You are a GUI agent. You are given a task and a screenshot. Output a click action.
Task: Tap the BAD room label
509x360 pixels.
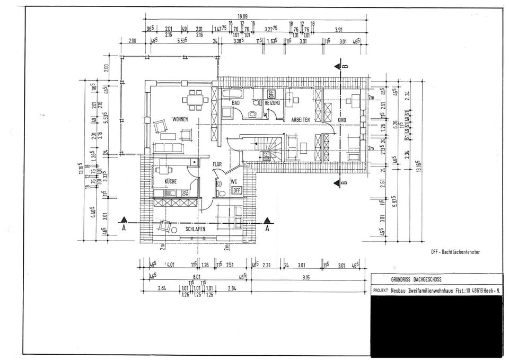click(236, 102)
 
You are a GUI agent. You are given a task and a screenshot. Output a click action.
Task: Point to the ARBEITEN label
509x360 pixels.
click(300, 120)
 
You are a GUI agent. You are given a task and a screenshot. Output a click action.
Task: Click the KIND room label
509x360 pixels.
click(342, 120)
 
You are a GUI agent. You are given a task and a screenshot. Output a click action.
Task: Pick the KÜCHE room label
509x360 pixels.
click(170, 181)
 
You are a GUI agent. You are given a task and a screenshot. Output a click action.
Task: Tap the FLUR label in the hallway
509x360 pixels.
click(217, 165)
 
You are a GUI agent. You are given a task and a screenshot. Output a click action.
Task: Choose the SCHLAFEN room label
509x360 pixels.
click(195, 229)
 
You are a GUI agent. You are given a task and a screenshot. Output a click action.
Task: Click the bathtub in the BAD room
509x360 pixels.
click(232, 94)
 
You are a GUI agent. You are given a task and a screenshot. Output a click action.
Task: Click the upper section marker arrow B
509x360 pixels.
click(337, 67)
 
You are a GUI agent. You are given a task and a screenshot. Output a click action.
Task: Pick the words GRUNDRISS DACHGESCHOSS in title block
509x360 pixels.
click(416, 279)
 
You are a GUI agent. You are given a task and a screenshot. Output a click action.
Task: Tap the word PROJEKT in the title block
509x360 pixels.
click(381, 291)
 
